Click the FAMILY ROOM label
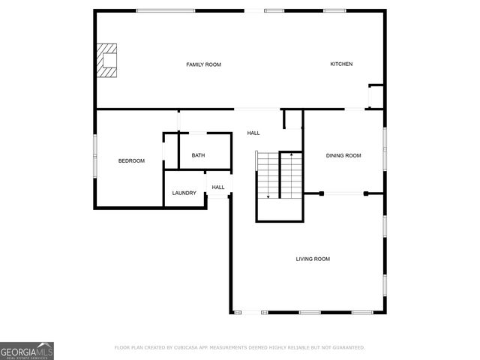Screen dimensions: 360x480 point(203,64)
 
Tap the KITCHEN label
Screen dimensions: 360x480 point(341,64)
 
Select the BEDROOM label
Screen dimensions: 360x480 point(131,160)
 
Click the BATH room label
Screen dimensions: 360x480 point(198,155)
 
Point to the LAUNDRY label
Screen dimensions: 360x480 point(184,193)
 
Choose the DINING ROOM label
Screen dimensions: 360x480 point(343,155)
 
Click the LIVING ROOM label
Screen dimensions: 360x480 point(313,259)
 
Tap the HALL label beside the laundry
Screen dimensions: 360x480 point(217,187)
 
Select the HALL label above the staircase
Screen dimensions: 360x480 point(253,133)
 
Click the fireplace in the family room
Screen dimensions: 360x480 point(107,60)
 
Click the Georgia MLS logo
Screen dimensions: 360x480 point(27,350)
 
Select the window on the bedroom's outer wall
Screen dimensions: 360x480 point(94,156)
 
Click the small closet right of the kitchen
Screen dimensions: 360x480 point(376,97)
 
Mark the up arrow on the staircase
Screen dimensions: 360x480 point(291,154)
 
